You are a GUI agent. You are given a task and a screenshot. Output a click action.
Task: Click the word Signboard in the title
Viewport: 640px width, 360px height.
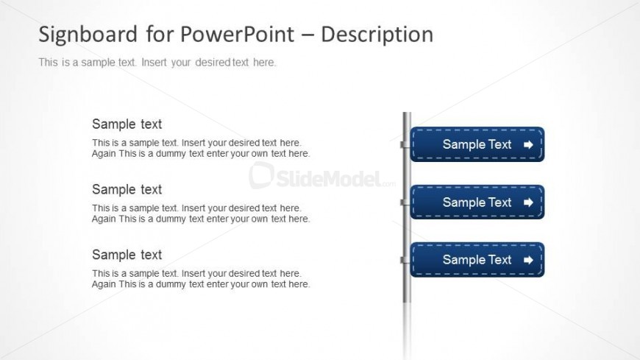[88, 35]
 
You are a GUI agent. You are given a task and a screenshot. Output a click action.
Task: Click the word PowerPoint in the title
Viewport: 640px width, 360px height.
[237, 34]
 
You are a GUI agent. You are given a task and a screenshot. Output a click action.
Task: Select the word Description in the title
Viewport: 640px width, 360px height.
[377, 35]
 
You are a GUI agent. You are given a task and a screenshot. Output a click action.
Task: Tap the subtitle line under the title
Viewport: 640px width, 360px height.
[157, 63]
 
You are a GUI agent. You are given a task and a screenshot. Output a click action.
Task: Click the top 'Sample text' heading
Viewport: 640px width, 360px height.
[127, 124]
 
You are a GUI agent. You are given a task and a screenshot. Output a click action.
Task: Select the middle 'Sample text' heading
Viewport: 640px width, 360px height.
[127, 189]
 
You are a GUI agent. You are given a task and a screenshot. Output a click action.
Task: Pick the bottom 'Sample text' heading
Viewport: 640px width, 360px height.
[127, 255]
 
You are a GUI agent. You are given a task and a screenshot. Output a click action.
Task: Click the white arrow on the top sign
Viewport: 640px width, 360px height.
[528, 144]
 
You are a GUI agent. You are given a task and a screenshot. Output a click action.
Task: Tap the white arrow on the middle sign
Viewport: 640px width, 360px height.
[528, 202]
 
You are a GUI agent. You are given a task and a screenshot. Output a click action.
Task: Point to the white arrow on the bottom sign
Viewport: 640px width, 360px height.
[528, 260]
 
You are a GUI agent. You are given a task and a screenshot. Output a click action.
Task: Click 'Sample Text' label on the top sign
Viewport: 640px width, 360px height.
[477, 144]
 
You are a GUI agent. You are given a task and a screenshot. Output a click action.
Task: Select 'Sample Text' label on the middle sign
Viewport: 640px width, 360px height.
[477, 202]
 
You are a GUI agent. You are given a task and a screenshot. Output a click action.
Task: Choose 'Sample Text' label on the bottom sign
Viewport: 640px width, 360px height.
[477, 259]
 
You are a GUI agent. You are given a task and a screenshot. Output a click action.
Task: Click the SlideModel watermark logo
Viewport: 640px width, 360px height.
[322, 176]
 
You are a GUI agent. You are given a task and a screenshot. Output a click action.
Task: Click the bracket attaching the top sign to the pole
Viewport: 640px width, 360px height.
[405, 144]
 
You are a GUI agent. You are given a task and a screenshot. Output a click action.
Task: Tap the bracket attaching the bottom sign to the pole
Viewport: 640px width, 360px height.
[405, 261]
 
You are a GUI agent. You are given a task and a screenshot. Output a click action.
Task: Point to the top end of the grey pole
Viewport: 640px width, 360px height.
[407, 113]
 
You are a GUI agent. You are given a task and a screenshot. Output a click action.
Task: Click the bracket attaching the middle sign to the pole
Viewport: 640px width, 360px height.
[405, 202]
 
